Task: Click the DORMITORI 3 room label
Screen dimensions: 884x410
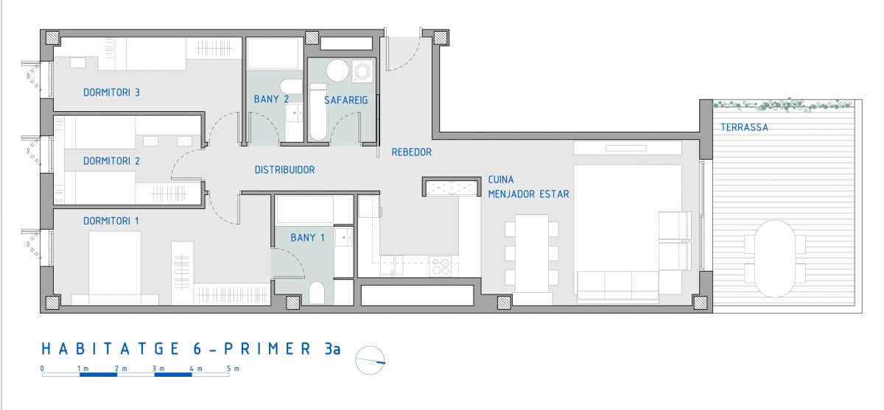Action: click(111, 93)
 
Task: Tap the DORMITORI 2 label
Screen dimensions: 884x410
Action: click(111, 161)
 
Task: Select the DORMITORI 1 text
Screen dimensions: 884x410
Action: click(111, 221)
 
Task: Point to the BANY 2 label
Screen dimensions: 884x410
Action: click(271, 99)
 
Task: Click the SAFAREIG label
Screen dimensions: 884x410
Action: click(346, 101)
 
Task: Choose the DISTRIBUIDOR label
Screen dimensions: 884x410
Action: click(284, 170)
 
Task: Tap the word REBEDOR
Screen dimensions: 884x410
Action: click(412, 152)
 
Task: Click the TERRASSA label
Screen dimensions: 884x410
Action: click(744, 127)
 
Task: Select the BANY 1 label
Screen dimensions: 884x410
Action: click(307, 238)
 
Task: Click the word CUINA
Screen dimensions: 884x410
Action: click(501, 180)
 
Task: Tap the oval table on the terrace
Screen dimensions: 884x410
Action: click(775, 258)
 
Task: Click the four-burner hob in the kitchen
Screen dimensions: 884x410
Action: click(441, 266)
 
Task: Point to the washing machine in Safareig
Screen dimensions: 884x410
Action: click(362, 71)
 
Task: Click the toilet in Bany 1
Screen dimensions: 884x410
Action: click(317, 292)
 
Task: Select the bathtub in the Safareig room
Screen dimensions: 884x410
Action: click(318, 113)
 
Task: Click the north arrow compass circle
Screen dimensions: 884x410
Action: click(370, 361)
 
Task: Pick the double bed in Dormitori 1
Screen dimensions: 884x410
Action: click(115, 268)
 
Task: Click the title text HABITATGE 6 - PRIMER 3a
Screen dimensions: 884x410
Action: click(191, 349)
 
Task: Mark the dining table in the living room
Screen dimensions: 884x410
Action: click(532, 253)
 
